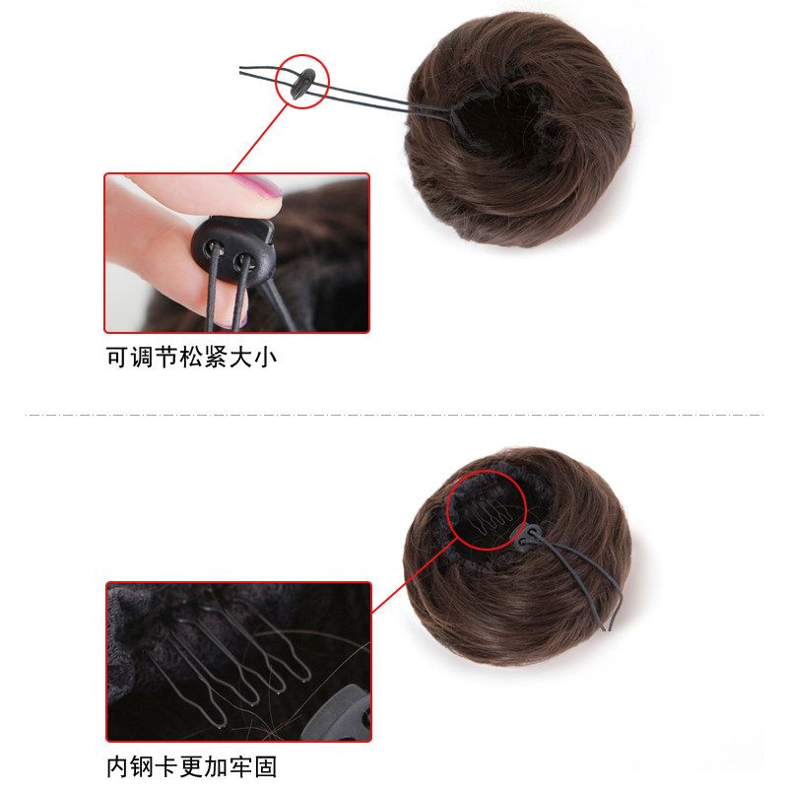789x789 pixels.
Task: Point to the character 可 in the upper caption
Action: (117, 357)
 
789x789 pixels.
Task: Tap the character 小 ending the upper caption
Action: (266, 357)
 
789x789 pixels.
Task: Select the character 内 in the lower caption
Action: (117, 765)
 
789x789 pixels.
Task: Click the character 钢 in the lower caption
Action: (142, 765)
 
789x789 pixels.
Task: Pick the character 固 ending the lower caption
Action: (278, 765)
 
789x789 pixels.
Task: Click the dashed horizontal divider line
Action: (394, 415)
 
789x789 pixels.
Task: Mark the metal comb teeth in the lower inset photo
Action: (236, 650)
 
